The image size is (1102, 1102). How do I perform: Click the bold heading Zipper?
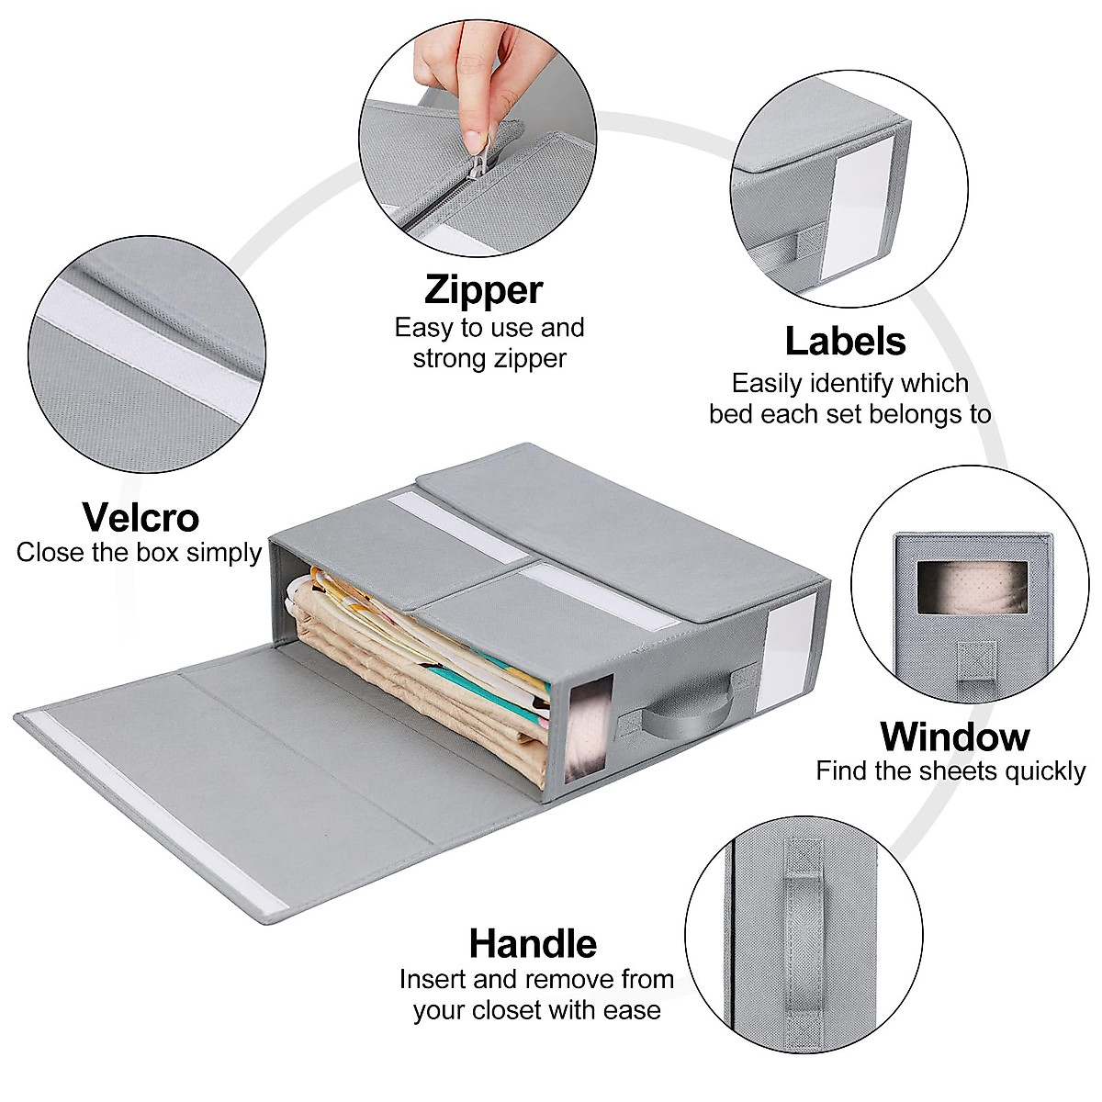[483, 289]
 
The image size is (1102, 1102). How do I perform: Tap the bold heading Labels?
[845, 342]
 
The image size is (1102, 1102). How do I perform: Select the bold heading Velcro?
[141, 518]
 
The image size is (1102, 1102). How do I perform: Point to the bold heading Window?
[954, 737]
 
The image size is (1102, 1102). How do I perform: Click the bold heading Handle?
[533, 943]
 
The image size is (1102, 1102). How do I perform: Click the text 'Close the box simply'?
[139, 553]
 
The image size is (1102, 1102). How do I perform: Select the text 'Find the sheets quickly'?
[950, 771]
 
